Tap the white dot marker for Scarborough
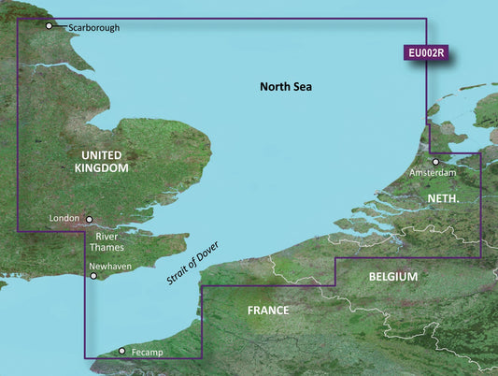[50, 26]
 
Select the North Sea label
[285, 87]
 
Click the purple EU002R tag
[425, 54]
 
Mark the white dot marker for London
[90, 220]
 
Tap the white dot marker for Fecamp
[122, 352]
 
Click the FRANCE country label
[267, 311]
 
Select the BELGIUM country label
[392, 278]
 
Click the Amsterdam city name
[433, 174]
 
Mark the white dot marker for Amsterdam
[435, 162]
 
